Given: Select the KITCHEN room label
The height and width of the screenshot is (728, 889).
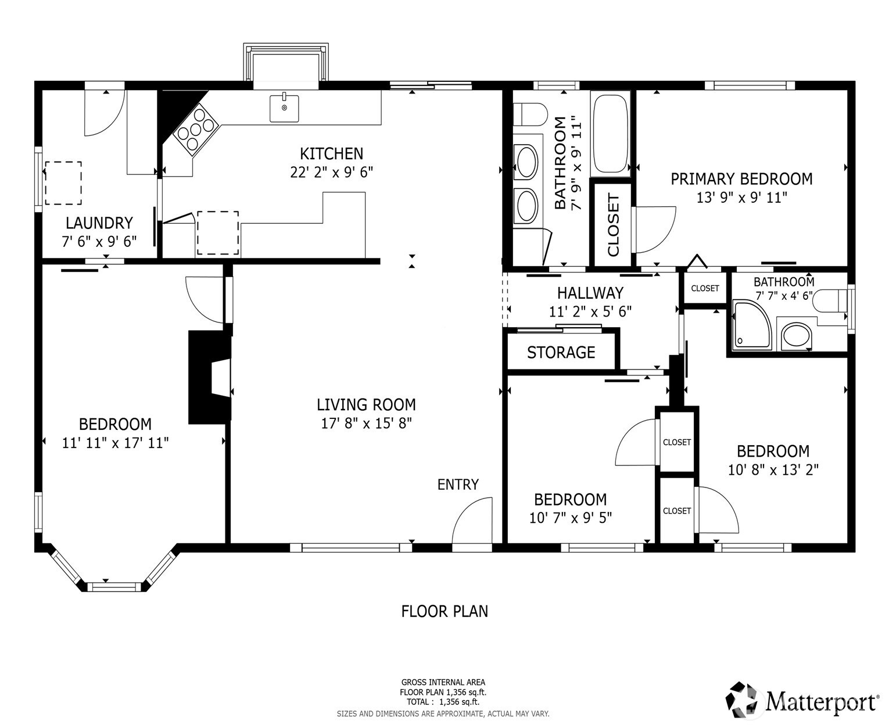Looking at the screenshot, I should [331, 154].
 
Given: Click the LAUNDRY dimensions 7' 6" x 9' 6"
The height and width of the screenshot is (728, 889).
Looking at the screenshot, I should [99, 241].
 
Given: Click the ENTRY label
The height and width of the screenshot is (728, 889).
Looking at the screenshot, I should [458, 485].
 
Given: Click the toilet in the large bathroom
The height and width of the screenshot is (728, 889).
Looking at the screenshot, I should [530, 114].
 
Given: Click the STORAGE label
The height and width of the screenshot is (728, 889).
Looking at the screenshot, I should [561, 353].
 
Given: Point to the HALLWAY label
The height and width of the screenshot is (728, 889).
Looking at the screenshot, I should [590, 293].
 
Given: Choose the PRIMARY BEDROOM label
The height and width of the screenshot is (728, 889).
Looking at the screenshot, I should [741, 179].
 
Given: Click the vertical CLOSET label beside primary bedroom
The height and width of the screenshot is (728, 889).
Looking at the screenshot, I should [614, 225].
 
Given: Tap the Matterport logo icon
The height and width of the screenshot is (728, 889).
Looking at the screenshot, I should [744, 700].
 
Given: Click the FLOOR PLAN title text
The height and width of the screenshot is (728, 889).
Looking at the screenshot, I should [445, 611].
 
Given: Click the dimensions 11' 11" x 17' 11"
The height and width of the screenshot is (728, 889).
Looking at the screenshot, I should [115, 443].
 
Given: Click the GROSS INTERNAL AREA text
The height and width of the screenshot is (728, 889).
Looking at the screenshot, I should [443, 683].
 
